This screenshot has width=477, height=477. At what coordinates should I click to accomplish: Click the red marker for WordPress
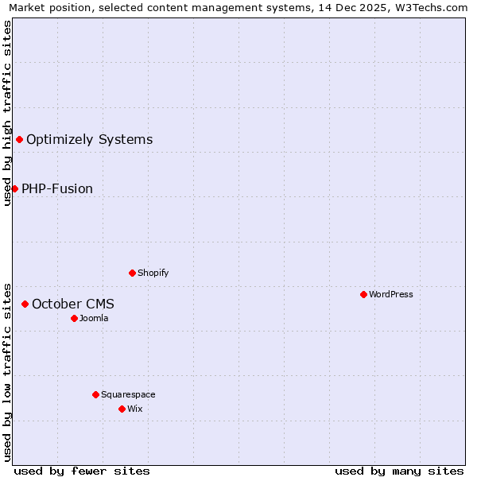[x=363, y=294]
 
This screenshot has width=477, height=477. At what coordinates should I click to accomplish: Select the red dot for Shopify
[x=132, y=273]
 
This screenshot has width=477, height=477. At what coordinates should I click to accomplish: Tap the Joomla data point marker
[x=74, y=318]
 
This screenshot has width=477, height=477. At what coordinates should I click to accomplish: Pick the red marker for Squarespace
[x=95, y=394]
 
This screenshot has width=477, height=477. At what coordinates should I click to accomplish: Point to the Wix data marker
[x=122, y=409]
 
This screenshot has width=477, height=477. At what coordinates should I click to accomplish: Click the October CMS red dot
[x=25, y=304]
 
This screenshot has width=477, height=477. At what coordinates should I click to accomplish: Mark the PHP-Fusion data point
[x=14, y=188]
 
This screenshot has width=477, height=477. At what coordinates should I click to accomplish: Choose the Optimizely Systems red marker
[x=19, y=140]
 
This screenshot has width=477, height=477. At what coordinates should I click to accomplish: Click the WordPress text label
[x=391, y=294]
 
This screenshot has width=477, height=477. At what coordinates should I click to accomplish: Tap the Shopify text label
[x=153, y=273]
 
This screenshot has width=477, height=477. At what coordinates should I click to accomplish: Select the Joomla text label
[x=94, y=318]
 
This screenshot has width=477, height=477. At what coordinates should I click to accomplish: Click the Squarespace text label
[x=128, y=394]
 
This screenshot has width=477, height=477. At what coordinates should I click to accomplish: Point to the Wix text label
[x=135, y=409]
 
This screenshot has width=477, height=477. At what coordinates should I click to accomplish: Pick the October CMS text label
[x=73, y=304]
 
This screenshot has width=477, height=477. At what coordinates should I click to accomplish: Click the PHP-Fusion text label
[x=57, y=188]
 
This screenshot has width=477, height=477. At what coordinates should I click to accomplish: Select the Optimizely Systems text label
[x=90, y=140]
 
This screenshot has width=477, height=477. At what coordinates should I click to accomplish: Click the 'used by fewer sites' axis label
[x=82, y=471]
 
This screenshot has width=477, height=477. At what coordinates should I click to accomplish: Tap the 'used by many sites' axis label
[x=399, y=471]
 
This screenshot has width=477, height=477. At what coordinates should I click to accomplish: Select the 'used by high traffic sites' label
[x=7, y=112]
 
